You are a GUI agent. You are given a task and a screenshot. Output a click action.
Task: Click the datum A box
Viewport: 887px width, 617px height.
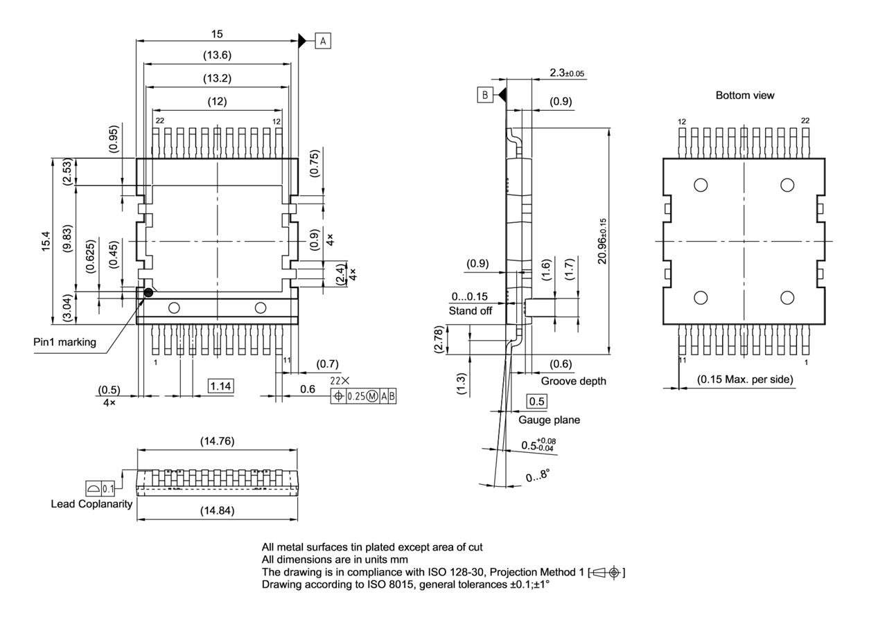click(x=323, y=41)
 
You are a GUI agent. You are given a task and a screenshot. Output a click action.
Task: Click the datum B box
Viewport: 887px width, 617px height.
click(x=484, y=95)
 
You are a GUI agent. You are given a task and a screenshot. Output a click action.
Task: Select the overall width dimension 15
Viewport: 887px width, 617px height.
click(x=218, y=33)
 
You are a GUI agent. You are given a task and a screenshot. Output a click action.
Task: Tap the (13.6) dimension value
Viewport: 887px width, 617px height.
click(x=218, y=55)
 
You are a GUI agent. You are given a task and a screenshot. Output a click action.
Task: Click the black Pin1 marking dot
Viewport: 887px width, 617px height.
click(x=148, y=293)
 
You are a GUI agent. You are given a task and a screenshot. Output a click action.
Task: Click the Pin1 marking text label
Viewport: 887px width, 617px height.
click(x=64, y=342)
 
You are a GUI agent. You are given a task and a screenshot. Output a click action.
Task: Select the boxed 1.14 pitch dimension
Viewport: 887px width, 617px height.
click(x=220, y=386)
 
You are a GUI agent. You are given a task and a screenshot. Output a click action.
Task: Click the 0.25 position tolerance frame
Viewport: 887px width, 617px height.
click(x=365, y=396)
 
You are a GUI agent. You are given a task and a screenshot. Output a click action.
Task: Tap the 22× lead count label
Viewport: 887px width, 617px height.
click(x=340, y=381)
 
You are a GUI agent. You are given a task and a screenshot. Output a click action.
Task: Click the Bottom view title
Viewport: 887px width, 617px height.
click(x=745, y=95)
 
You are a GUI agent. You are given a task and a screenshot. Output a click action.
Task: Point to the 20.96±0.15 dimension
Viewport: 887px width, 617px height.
click(x=602, y=240)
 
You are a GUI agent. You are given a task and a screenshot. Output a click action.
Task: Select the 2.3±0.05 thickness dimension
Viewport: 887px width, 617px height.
click(x=566, y=73)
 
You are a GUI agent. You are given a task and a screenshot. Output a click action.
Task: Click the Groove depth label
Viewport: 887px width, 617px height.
click(x=573, y=381)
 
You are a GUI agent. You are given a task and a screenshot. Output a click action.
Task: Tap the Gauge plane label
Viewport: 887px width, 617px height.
click(x=549, y=420)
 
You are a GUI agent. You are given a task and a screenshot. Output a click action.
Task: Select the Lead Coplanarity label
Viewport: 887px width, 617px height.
click(x=91, y=503)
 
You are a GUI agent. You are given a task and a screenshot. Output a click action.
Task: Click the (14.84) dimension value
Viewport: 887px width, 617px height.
click(x=218, y=511)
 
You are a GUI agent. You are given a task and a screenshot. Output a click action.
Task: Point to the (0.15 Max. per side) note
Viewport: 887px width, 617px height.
click(x=745, y=379)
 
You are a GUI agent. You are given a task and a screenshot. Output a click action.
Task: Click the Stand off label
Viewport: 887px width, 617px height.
click(x=470, y=311)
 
